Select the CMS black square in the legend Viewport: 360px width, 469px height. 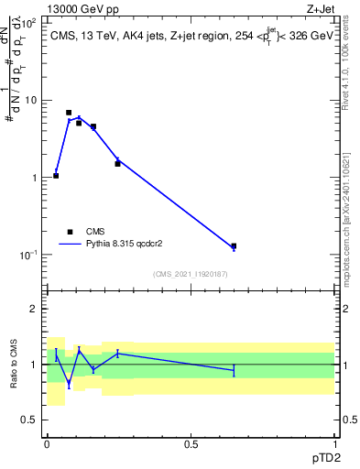70,232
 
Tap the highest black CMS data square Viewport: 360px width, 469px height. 69,113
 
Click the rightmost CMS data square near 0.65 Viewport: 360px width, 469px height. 234,245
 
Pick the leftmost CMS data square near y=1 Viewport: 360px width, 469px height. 56,175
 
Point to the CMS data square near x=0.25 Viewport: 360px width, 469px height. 117,163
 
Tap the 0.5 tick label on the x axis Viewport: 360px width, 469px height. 191,444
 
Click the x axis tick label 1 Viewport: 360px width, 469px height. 334,444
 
